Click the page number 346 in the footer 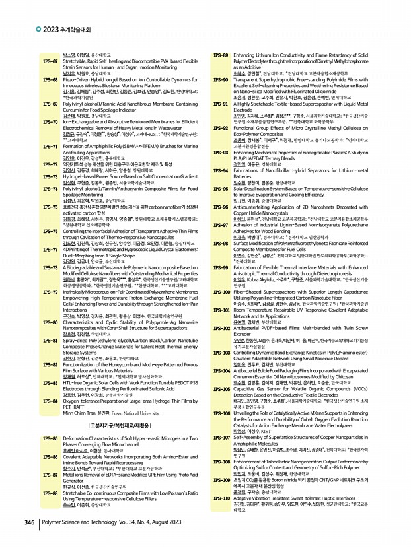tap(28, 522)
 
